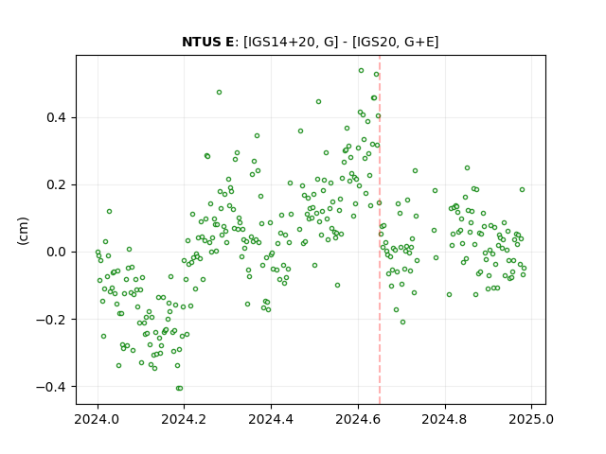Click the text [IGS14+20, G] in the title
click(291, 42)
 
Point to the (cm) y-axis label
click(23, 231)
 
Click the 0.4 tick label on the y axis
click(56, 117)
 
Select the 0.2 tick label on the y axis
click(56, 184)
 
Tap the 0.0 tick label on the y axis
click(56, 253)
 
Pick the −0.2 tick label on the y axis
click(50, 320)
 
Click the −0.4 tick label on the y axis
click(50, 387)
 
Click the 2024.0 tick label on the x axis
click(98, 419)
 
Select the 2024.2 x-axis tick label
click(185, 419)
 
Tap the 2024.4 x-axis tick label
click(272, 419)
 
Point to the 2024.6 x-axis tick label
click(358, 419)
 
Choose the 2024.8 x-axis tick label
click(445, 419)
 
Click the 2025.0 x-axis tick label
click(532, 419)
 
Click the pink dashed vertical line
click(380, 230)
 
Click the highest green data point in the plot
click(361, 71)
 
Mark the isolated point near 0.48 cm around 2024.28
click(219, 93)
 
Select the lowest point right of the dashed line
click(402, 322)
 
